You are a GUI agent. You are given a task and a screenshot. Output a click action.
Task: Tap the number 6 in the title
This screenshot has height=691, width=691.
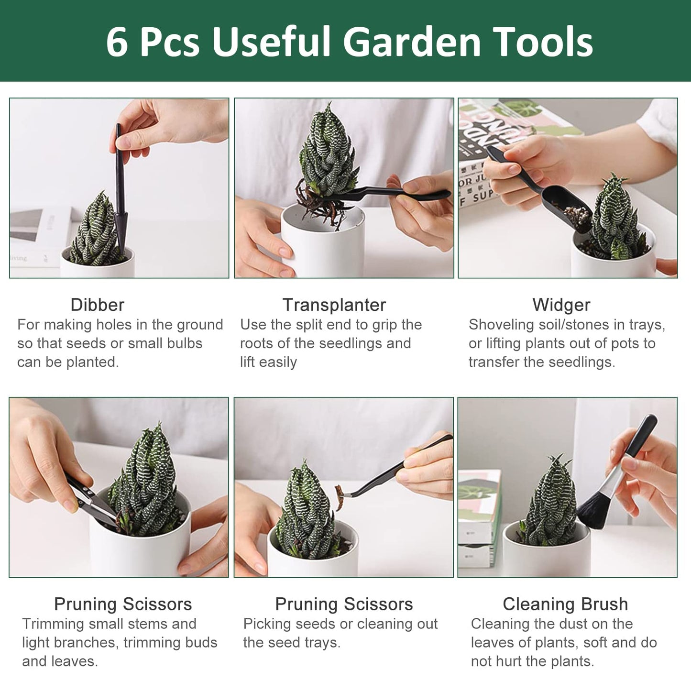pyautogui.click(x=117, y=42)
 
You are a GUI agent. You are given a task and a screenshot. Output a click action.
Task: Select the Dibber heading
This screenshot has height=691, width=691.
pyautogui.click(x=97, y=305)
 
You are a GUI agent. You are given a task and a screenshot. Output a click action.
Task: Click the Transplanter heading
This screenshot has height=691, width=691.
pyautogui.click(x=334, y=305)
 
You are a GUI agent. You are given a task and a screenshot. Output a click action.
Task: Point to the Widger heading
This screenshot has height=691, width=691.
pyautogui.click(x=561, y=305)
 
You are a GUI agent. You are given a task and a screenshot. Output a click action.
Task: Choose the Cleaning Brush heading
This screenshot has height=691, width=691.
pyautogui.click(x=565, y=604)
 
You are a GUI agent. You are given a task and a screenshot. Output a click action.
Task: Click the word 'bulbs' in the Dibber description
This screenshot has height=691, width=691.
pyautogui.click(x=184, y=343)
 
